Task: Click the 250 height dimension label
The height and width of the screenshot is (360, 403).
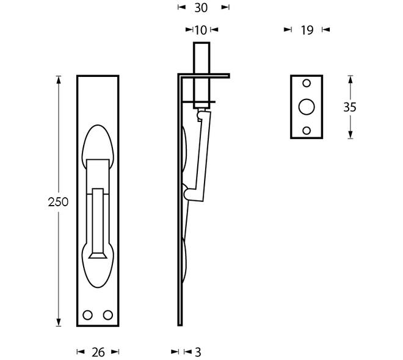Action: [x=58, y=202]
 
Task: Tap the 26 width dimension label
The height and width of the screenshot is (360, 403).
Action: [x=98, y=352]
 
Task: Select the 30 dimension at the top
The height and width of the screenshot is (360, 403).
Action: [x=201, y=8]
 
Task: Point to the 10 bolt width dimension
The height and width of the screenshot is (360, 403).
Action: [x=201, y=31]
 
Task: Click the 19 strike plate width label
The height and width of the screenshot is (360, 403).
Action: [x=307, y=31]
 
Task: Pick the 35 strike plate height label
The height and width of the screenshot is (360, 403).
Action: [x=350, y=107]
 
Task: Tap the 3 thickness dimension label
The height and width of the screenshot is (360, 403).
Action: [x=198, y=352]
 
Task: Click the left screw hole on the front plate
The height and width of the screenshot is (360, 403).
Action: [x=88, y=315]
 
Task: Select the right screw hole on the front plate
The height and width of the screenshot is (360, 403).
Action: [x=108, y=315]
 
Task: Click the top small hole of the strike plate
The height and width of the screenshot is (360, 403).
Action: [x=307, y=83]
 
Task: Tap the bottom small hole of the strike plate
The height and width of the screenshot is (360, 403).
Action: [x=307, y=131]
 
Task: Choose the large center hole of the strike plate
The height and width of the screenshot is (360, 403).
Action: [x=307, y=107]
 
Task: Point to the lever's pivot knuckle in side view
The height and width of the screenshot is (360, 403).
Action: [x=189, y=194]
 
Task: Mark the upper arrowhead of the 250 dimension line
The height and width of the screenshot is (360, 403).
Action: [x=59, y=80]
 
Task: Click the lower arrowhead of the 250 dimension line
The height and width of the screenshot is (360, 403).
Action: [x=59, y=322]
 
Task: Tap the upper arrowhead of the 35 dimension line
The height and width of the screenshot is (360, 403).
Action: [x=350, y=79]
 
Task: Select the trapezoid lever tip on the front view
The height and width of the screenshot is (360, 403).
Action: [x=98, y=256]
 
